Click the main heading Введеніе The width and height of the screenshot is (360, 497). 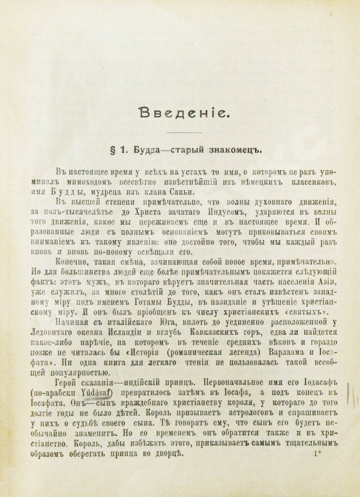pos(180,115)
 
